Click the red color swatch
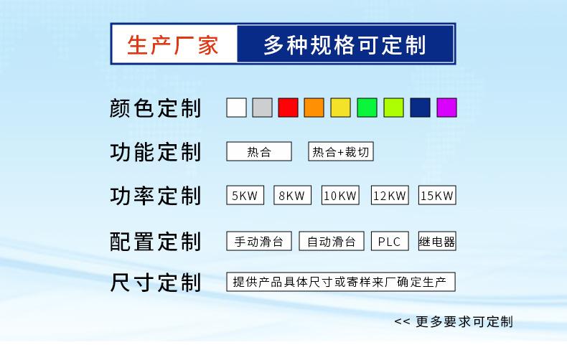288,108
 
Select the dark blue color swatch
421,108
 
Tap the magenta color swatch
447,108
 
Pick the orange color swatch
314,108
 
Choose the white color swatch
236,108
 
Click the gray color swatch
262,108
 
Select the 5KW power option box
245,195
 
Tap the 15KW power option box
437,195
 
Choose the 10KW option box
340,195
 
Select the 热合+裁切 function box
341,151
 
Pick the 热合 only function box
259,151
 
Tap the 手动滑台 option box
259,242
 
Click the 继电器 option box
437,242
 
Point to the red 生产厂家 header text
173,44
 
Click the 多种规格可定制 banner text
345,44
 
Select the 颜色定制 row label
155,108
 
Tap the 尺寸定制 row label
155,282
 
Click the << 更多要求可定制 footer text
454,321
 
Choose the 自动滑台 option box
332,242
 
